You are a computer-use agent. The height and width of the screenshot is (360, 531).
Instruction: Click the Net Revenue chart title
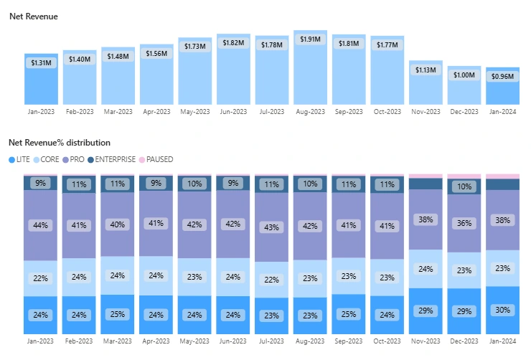pyautogui.click(x=34, y=16)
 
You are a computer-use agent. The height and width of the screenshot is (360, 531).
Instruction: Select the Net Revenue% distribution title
pyautogui.click(x=60, y=143)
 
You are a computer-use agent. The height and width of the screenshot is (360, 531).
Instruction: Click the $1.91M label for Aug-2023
pyautogui.click(x=311, y=39)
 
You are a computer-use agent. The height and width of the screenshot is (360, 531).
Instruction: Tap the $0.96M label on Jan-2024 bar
pyautogui.click(x=503, y=77)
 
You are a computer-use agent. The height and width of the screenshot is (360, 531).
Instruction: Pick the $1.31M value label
pyautogui.click(x=41, y=63)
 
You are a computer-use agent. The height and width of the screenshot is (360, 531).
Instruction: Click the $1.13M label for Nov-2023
pyautogui.click(x=426, y=70)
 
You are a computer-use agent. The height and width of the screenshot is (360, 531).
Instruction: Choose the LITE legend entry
pyautogui.click(x=19, y=159)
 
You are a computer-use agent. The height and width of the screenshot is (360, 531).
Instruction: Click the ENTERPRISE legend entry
pyautogui.click(x=111, y=159)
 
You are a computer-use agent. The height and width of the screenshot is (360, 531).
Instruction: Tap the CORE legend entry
pyautogui.click(x=47, y=159)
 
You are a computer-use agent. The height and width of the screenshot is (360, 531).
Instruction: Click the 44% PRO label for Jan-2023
pyautogui.click(x=41, y=225)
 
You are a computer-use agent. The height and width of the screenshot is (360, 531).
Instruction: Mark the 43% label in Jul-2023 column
pyautogui.click(x=272, y=227)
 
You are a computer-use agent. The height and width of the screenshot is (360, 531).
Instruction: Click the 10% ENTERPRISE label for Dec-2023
pyautogui.click(x=464, y=187)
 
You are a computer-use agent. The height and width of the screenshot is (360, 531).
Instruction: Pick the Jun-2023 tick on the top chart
pyautogui.click(x=233, y=112)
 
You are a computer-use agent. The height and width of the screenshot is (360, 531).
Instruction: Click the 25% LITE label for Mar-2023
pyautogui.click(x=118, y=314)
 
